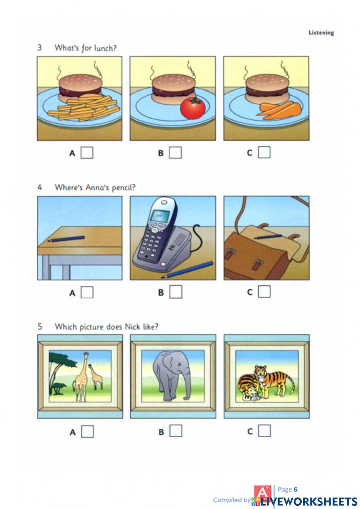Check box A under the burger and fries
click(x=87, y=153)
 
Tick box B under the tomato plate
click(x=175, y=152)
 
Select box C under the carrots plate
click(x=264, y=152)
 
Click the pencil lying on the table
click(x=66, y=239)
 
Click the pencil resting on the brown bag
click(x=268, y=237)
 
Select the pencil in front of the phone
click(x=187, y=269)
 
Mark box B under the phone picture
click(x=176, y=292)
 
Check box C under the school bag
click(x=264, y=291)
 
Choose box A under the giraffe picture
click(x=87, y=431)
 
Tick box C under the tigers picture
click(x=264, y=431)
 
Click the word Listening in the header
click(x=321, y=33)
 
